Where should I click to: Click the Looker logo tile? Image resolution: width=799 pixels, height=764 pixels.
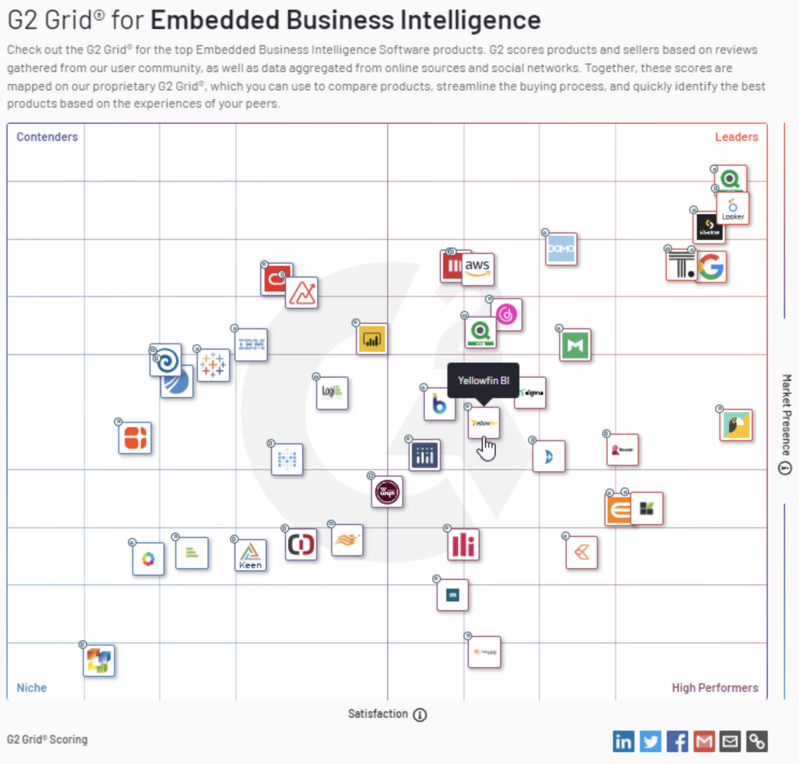click(x=733, y=209)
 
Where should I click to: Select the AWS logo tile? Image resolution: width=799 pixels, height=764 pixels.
click(x=477, y=268)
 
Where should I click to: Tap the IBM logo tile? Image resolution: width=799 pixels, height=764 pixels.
click(x=252, y=344)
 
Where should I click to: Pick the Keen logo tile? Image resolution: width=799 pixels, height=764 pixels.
click(x=251, y=555)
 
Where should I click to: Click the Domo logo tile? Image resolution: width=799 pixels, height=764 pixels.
click(x=561, y=249)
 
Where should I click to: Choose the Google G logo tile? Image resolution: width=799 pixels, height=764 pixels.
click(x=711, y=267)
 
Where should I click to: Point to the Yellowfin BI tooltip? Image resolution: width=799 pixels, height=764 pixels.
click(x=483, y=380)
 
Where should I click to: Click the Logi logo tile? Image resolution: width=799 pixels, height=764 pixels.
click(x=332, y=393)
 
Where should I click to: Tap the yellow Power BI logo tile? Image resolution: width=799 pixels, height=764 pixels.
click(x=372, y=339)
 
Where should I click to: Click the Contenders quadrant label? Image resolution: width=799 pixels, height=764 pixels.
click(x=47, y=137)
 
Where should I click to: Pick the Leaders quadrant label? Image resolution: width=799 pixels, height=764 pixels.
click(x=736, y=137)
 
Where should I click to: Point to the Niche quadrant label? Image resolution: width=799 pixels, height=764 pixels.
click(x=32, y=688)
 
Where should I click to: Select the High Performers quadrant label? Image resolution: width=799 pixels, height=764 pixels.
click(x=715, y=688)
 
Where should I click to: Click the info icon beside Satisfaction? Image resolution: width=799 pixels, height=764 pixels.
click(x=420, y=715)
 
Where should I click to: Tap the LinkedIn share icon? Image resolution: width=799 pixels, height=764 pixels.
click(x=623, y=741)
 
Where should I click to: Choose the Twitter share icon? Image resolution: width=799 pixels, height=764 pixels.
click(x=650, y=741)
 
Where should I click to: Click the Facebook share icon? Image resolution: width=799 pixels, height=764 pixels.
click(x=677, y=741)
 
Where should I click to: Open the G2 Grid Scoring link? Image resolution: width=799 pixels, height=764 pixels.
click(x=47, y=739)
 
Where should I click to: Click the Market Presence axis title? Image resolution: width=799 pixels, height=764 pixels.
click(x=786, y=414)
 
